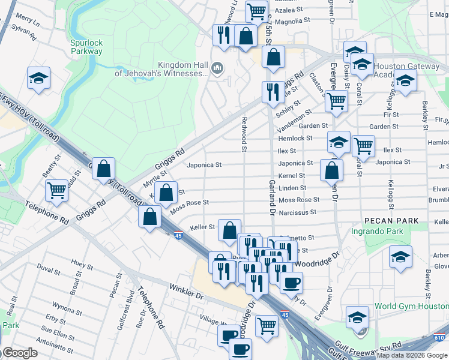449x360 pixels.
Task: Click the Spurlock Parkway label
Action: (x=86, y=47)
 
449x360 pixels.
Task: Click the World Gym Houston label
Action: (x=411, y=306)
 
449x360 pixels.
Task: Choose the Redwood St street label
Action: (x=244, y=132)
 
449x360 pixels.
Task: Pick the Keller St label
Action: (x=202, y=227)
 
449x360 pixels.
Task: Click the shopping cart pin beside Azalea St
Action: (x=256, y=10)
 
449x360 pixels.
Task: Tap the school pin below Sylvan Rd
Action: (x=38, y=78)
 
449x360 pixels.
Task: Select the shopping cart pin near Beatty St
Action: (x=56, y=190)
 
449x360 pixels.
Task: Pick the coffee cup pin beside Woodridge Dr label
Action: (x=292, y=281)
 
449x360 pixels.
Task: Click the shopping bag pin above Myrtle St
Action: (x=104, y=169)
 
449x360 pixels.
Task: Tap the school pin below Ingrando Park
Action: (x=400, y=256)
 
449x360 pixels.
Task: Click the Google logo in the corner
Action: (x=19, y=353)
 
